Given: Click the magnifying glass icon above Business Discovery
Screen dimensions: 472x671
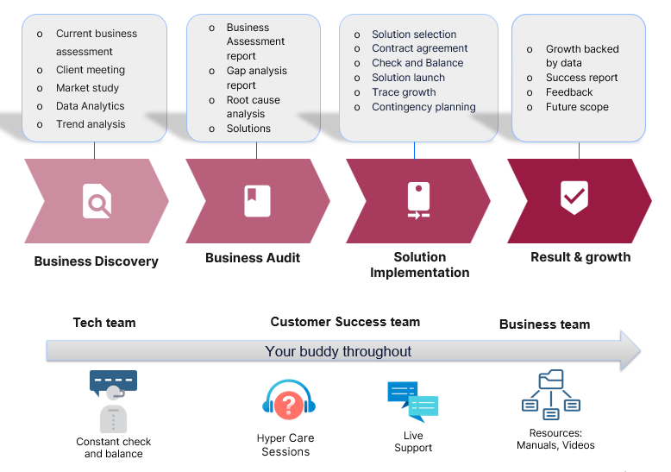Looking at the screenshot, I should pos(97,201).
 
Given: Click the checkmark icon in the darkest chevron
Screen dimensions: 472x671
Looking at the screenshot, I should pos(574,197).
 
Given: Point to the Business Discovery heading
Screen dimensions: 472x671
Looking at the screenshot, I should pos(96,261).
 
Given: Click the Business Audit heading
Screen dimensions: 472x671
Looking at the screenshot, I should pos(253,258).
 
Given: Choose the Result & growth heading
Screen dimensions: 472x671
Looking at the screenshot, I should pos(580,257).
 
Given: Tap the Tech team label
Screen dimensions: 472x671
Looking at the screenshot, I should pos(104,323).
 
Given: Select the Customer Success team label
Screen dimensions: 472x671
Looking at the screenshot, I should pos(345,322).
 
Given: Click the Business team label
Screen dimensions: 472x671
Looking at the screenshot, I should pos(544,324).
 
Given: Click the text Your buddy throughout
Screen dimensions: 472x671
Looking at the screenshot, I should pos(338,351).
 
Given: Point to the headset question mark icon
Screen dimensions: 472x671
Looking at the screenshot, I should pos(290,403).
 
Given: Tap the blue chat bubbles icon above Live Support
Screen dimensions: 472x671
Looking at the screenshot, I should pos(412,401).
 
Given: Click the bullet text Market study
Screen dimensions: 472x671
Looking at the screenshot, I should pos(88,88).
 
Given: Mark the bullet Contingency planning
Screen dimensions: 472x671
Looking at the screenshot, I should pos(423,107).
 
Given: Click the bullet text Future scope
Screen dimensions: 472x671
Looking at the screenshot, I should pos(577,107).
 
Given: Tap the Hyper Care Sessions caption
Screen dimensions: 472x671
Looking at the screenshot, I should pos(285,445).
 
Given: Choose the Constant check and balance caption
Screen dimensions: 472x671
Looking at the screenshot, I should pos(114,448).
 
